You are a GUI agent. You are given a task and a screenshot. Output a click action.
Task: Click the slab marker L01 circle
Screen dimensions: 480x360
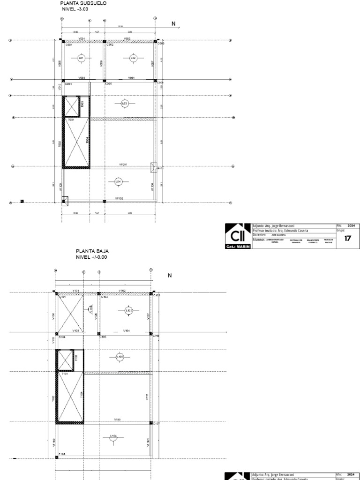pos(81,58)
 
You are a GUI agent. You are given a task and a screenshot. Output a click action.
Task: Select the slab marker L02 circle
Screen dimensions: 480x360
pos(133,58)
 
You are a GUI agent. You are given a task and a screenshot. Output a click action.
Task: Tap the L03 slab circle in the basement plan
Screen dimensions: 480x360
pos(124,103)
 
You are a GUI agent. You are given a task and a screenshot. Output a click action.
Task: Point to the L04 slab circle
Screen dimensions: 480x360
pos(118,181)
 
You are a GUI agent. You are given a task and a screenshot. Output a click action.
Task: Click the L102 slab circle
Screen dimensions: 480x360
pos(129,310)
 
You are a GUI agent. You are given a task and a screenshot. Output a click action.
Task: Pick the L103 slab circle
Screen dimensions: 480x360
pos(120,357)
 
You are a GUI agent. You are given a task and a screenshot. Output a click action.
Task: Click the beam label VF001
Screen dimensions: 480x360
pos(123,165)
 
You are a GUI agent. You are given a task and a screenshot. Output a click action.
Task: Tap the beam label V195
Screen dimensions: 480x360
pos(117,420)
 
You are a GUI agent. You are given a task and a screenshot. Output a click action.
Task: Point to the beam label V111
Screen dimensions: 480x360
pos(147,397)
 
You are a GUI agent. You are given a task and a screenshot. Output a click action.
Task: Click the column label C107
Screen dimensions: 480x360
pos(157,423)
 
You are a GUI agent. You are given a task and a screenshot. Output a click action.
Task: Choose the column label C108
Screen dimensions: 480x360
pos(62,454)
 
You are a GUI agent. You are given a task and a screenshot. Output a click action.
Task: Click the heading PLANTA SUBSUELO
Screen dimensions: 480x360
pos(83,3)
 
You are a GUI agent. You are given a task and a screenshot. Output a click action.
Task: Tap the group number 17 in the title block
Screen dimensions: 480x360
pos(348,238)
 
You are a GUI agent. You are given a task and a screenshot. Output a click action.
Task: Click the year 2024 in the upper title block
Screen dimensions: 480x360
pos(351,225)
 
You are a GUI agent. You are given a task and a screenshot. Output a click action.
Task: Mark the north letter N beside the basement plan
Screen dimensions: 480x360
pos(173,24)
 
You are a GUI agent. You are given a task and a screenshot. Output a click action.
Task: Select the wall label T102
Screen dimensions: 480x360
pos(53,398)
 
